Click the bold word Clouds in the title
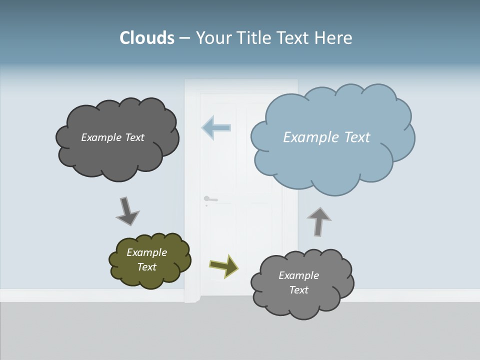147,38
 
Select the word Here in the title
333,38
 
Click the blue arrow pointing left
216,127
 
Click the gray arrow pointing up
318,221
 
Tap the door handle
210,199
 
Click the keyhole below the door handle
206,205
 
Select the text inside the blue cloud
326,137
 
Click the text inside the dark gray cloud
112,137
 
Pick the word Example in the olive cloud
146,252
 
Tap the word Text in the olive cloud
147,267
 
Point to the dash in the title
184,38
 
